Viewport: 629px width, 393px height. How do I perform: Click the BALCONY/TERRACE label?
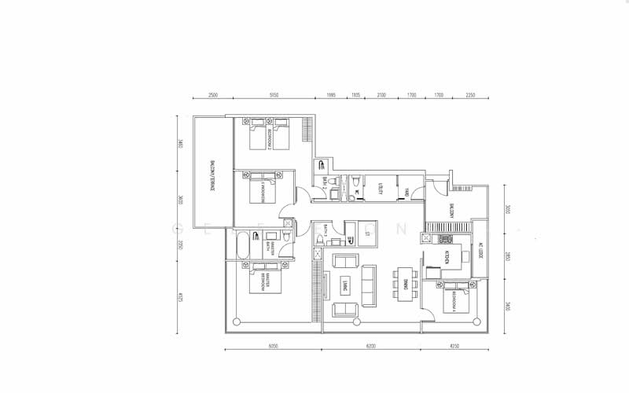click(x=213, y=177)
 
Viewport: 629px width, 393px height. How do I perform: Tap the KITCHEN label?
click(x=446, y=256)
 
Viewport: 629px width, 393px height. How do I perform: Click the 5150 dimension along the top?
click(x=274, y=95)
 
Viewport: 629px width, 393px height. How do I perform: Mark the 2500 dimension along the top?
click(x=212, y=95)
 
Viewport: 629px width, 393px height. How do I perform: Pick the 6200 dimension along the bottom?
click(x=371, y=345)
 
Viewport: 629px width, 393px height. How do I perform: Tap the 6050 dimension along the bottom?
click(x=273, y=345)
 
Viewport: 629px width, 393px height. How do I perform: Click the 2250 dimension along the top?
click(x=469, y=95)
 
